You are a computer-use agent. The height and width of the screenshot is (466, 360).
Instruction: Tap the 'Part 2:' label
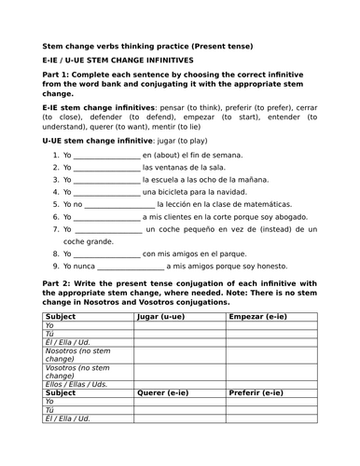point(57,281)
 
